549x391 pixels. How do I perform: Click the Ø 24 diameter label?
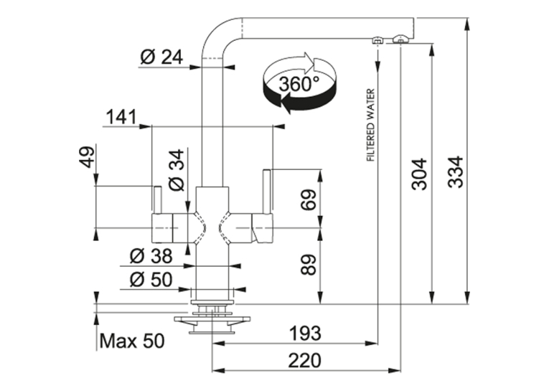click(x=161, y=57)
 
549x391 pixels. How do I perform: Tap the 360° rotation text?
click(x=299, y=84)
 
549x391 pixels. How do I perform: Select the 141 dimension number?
click(x=121, y=117)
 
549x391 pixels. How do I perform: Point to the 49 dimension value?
click(x=88, y=156)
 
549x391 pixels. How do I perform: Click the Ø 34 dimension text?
click(x=176, y=170)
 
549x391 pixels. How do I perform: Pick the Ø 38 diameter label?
click(x=151, y=256)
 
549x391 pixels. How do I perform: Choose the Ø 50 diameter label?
click(x=151, y=280)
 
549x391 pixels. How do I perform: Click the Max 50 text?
click(x=132, y=341)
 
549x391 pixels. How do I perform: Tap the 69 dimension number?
click(x=309, y=199)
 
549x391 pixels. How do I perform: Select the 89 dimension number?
click(x=309, y=264)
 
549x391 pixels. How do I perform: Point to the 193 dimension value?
click(x=305, y=333)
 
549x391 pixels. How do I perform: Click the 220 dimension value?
click(x=304, y=361)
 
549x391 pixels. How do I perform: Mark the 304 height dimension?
click(x=419, y=174)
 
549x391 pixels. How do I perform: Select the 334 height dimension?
click(x=456, y=172)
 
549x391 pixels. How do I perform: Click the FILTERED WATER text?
click(x=370, y=125)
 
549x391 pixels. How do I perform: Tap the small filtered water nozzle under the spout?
click(x=377, y=40)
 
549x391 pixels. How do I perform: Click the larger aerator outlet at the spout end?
click(x=400, y=39)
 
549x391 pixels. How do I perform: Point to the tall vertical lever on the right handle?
click(x=267, y=191)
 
